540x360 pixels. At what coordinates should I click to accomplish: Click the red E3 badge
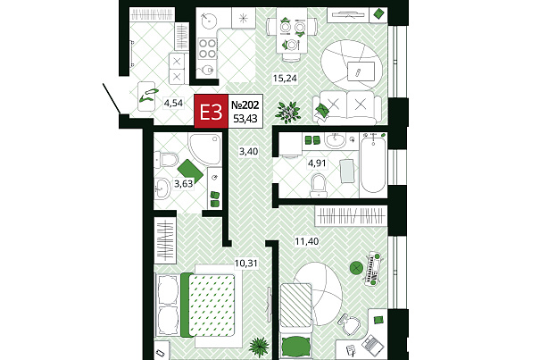212,111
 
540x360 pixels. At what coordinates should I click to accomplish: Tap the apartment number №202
245,105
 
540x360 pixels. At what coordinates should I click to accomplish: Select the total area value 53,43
245,118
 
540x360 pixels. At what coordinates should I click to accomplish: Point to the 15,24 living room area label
285,79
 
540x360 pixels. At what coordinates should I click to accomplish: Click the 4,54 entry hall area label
173,103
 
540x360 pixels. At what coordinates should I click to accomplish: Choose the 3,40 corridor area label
249,151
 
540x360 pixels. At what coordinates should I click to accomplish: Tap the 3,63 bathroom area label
184,184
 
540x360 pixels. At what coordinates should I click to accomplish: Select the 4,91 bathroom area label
317,163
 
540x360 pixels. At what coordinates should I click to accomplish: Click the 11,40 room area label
307,241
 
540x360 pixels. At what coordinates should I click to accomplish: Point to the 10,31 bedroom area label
245,264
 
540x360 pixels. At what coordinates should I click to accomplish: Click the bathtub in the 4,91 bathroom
373,165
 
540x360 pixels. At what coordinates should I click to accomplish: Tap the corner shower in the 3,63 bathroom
205,149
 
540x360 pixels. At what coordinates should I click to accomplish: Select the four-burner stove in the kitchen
208,48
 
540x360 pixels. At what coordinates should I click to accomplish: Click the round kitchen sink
208,21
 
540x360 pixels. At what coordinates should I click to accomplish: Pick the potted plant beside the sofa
287,112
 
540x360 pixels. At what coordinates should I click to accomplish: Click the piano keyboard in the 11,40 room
371,269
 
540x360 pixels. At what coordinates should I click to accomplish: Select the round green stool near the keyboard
356,267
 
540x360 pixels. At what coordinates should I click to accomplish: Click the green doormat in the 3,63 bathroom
190,171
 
